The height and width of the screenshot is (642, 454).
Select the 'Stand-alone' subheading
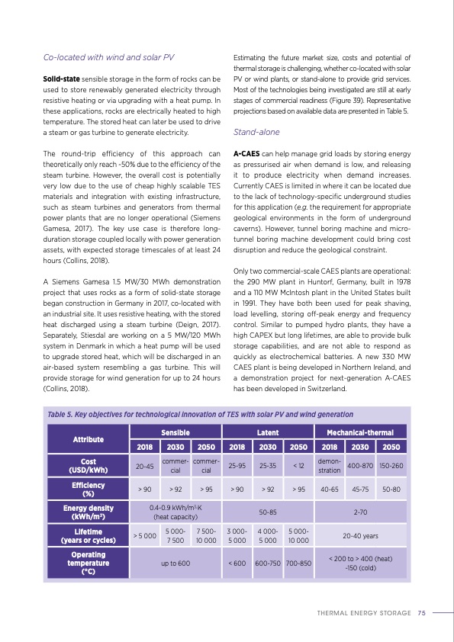[256, 130]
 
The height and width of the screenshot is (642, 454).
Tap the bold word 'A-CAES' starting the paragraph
[246, 152]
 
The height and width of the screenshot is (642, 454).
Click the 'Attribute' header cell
[88, 439]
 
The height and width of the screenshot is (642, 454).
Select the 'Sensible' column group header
[175, 432]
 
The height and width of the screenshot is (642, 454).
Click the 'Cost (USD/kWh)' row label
[88, 465]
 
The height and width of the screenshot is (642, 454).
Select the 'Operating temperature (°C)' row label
[88, 563]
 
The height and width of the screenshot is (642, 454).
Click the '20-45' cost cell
[144, 465]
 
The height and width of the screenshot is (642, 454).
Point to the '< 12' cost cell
[298, 465]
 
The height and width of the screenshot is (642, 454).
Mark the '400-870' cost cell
[359, 465]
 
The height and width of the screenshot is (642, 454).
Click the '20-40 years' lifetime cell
[359, 535]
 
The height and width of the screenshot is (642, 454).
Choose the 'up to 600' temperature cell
[175, 563]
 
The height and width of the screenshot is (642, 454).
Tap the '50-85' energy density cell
[267, 512]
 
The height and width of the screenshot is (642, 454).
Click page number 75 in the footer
[421, 612]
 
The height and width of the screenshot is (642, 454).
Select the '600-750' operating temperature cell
[267, 563]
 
